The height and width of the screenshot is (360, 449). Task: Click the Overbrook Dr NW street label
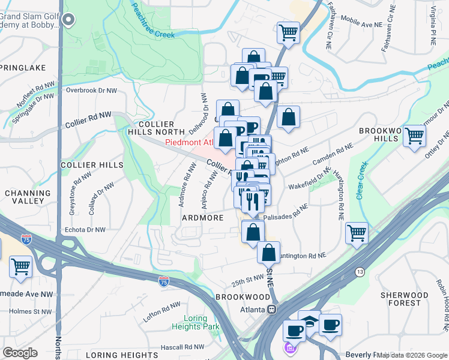point(91,91)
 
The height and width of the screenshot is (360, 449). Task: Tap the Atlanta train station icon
point(271,310)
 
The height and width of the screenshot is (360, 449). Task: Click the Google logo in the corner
point(20,352)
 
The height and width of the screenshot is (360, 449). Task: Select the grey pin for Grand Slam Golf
point(68,20)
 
